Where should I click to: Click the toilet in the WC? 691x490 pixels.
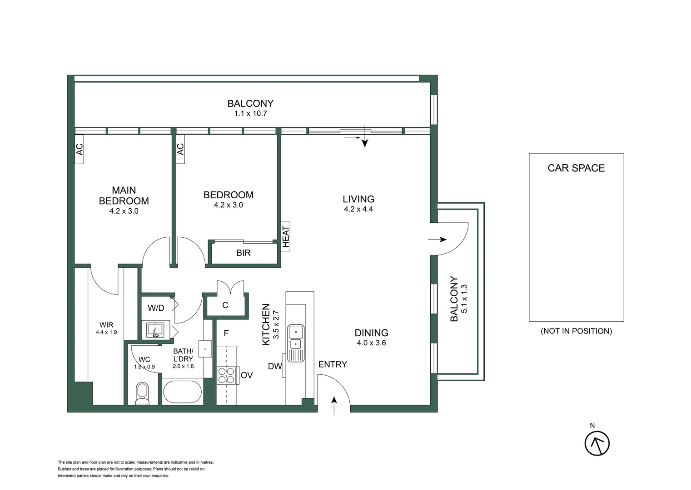point(142,394)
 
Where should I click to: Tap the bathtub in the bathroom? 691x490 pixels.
point(182,392)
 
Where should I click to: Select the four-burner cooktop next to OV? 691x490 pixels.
point(226,375)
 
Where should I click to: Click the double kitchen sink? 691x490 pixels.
point(296,343)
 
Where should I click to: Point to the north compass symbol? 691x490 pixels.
point(597,443)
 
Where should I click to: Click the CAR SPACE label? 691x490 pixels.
point(576,168)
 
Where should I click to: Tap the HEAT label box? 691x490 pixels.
point(286,236)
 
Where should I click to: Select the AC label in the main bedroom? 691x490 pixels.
point(80,149)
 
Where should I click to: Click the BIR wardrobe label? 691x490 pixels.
point(244,253)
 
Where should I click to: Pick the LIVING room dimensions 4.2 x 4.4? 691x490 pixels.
point(358,209)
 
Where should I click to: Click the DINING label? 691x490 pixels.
point(372,333)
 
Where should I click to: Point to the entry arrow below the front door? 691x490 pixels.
point(334,406)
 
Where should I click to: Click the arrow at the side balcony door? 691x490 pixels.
point(437,239)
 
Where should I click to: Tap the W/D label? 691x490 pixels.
point(156,308)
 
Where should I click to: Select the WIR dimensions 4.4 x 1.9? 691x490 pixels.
point(106,332)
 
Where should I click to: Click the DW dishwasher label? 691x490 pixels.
point(275,366)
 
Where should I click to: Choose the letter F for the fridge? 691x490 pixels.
point(226,333)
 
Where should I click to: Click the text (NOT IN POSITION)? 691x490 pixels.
point(576,331)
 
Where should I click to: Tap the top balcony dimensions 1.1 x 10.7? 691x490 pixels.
point(250,113)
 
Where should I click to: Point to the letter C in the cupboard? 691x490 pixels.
point(225,305)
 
